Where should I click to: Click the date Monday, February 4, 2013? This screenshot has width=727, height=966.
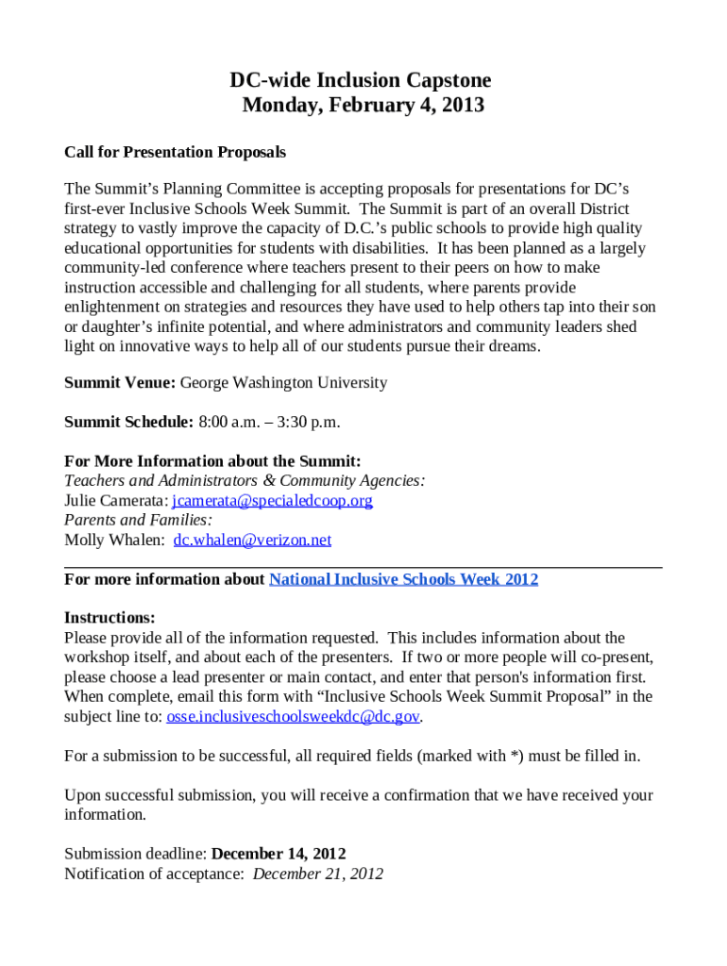point(363,106)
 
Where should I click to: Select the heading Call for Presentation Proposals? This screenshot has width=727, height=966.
point(175,152)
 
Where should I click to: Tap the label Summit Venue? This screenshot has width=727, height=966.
point(120,383)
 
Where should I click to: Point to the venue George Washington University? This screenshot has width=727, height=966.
point(283,383)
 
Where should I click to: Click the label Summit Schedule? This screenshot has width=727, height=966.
point(129,422)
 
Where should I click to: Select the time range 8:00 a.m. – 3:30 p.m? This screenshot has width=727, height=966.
point(269,422)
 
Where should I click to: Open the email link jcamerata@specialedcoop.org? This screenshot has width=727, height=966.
point(272,501)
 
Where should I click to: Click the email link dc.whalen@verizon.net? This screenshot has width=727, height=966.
point(252,541)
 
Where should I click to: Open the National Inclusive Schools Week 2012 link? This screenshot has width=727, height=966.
point(403,579)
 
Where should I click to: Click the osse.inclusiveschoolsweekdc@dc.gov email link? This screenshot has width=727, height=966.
point(293,717)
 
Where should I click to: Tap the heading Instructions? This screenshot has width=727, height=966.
point(110,618)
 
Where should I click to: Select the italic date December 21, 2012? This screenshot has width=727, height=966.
point(318,874)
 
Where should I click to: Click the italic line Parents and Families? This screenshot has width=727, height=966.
point(138,521)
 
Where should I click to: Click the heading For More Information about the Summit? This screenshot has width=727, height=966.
point(212,461)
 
